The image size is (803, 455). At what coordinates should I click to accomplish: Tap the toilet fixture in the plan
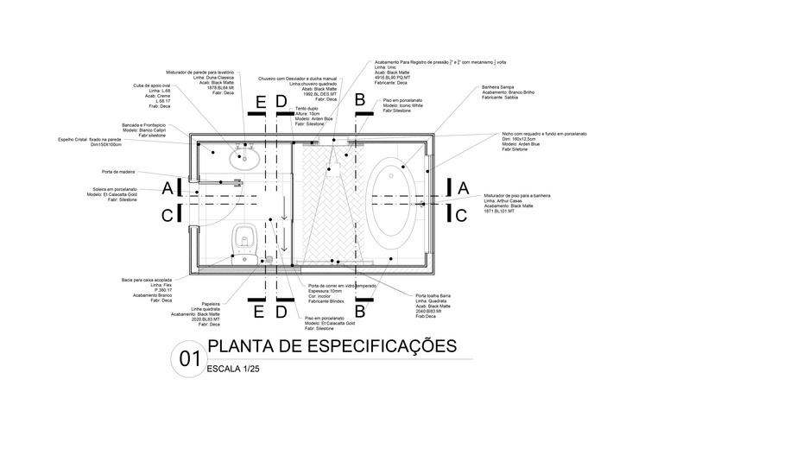tap(244, 241)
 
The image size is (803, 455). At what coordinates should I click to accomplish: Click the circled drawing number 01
tap(190, 358)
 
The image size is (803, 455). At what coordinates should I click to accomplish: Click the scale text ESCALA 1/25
tap(233, 369)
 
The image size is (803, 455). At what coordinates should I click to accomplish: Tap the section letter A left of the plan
tap(167, 187)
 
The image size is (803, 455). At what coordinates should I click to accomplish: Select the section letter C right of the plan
tap(462, 215)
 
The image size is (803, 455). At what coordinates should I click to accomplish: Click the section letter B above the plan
tap(360, 101)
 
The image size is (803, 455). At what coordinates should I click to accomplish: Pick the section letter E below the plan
tap(258, 311)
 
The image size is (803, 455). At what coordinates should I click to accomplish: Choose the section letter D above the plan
tap(281, 102)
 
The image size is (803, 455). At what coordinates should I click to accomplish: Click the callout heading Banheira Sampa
tap(498, 87)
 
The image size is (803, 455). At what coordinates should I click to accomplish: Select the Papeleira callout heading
tap(211, 303)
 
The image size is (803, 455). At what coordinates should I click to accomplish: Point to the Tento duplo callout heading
tap(307, 108)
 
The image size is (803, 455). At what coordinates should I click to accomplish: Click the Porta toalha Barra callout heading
tap(433, 295)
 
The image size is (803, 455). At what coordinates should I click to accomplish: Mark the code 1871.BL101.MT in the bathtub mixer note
tap(499, 211)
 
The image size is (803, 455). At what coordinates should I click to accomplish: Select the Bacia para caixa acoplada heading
tap(146, 280)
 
